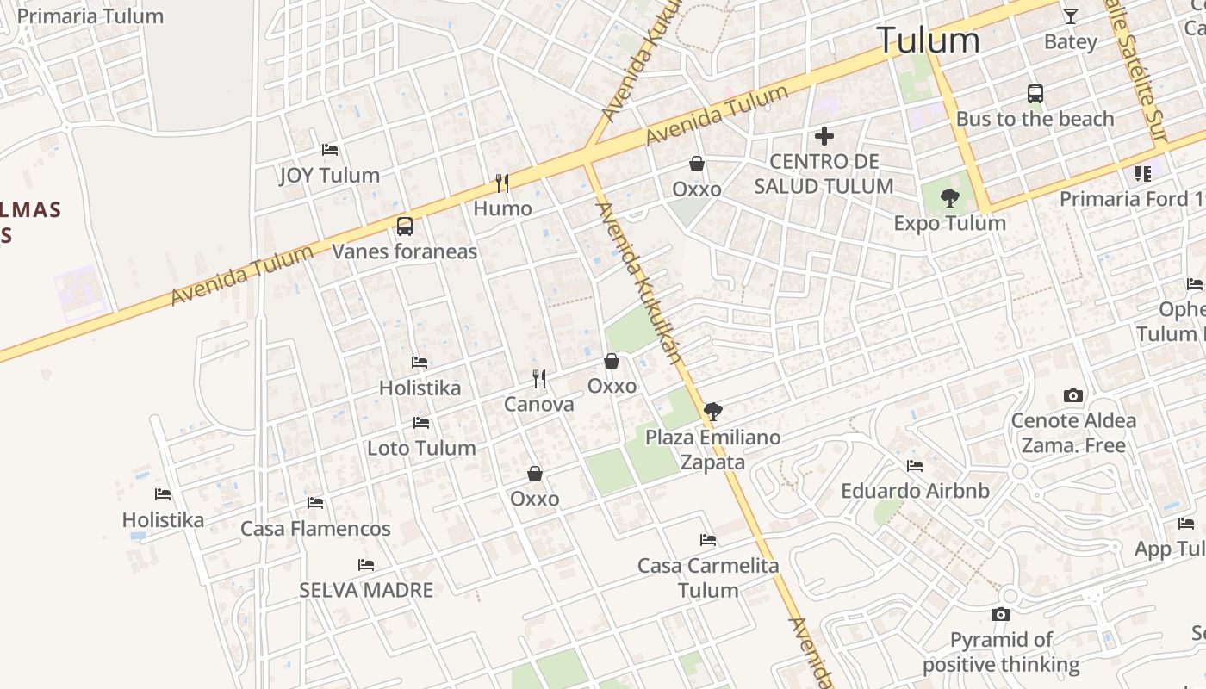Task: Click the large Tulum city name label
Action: click(928, 40)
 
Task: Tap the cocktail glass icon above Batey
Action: click(1070, 16)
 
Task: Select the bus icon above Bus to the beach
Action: click(1035, 94)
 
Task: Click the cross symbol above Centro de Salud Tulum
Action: click(824, 136)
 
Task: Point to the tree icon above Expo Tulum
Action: click(949, 198)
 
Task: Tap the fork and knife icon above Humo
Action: click(502, 183)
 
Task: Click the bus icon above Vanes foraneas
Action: click(405, 227)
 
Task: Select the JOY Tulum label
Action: click(329, 176)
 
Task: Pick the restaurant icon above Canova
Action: click(539, 378)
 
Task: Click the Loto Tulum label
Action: click(421, 448)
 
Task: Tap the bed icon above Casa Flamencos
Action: click(315, 502)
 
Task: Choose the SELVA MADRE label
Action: click(366, 591)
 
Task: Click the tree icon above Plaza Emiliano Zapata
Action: click(712, 412)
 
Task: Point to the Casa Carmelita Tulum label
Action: click(708, 578)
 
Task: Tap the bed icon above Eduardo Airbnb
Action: click(915, 466)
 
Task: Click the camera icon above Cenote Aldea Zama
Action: click(1073, 396)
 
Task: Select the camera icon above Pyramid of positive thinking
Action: click(1001, 614)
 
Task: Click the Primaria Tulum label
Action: click(90, 16)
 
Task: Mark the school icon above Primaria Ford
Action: click(1143, 174)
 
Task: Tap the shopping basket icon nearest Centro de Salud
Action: click(697, 164)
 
